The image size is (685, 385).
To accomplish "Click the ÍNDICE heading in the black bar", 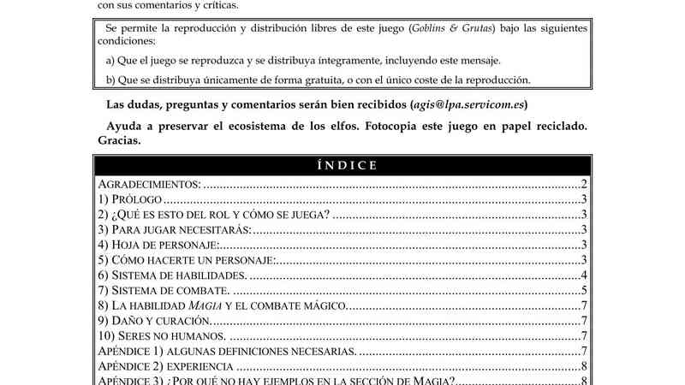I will tap(342, 166).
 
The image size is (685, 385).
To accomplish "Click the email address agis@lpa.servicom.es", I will tap(468, 105).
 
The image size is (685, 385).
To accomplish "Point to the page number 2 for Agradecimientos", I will tap(583, 184).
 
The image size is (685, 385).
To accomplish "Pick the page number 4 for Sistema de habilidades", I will tap(583, 275).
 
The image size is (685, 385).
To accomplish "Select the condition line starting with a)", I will tap(302, 61).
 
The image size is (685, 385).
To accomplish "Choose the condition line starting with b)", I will tap(318, 80).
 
